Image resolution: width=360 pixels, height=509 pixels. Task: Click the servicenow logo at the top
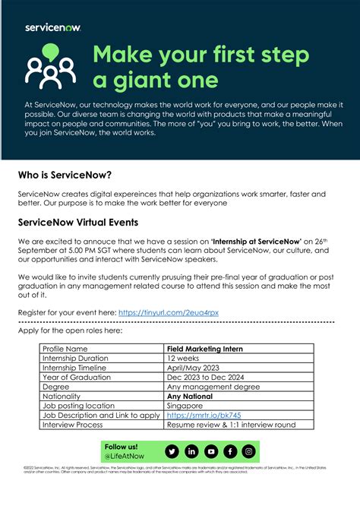point(53,27)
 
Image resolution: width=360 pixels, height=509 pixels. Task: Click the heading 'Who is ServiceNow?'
point(65,175)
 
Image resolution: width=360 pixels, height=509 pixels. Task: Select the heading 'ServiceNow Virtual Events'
point(78,223)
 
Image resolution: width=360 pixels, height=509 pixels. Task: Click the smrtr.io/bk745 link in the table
point(193,416)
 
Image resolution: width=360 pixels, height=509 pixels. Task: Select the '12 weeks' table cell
point(182,357)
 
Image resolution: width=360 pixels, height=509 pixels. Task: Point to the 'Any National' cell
point(189,396)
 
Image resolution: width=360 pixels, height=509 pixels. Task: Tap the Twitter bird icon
point(172,451)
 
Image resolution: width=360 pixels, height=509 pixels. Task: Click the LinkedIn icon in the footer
point(191,451)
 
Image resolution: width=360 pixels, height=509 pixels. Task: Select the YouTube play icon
point(210,451)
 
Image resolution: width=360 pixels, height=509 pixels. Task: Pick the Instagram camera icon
point(248,451)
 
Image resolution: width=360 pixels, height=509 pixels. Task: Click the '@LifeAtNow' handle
point(125,456)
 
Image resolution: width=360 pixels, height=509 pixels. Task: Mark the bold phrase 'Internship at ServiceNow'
point(257,241)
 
